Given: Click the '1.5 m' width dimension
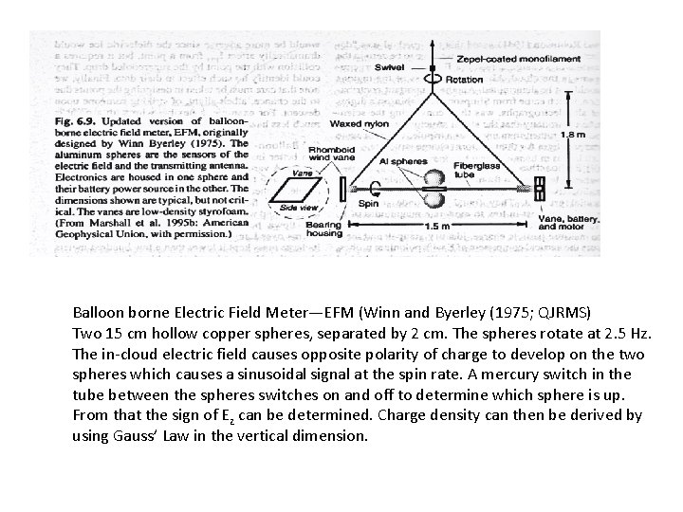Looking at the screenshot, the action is tap(437, 227).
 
